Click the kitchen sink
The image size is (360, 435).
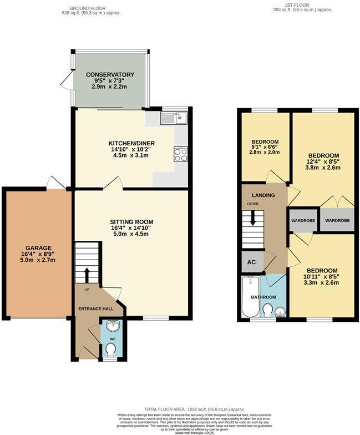tap(174, 118)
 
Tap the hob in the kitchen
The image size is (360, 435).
tap(181, 154)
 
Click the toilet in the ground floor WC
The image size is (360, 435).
tap(110, 350)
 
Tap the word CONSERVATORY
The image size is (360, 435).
tap(110, 75)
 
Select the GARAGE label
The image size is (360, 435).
tap(38, 248)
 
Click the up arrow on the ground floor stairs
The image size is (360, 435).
tap(87, 274)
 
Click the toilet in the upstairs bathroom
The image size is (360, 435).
tap(267, 309)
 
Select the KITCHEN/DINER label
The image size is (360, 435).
tap(131, 143)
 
